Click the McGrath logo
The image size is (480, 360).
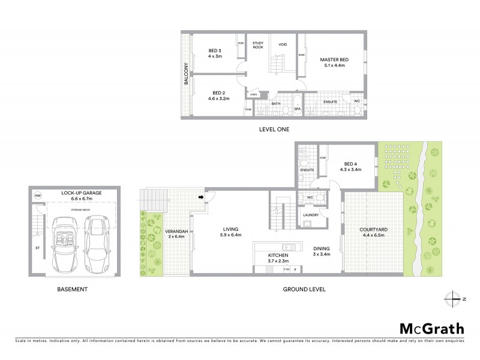coord(431,328)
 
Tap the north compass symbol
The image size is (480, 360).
coord(455,298)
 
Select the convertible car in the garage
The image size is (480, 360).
coord(64,244)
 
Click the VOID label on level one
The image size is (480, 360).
coord(283,44)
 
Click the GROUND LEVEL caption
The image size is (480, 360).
coord(304,289)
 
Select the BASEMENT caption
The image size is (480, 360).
coord(72,289)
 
